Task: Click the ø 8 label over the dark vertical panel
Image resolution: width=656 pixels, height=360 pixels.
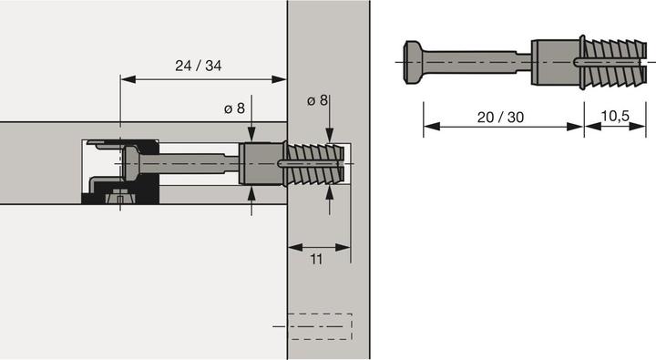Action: pos(318,99)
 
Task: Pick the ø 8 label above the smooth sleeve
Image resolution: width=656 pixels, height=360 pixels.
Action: pos(234,108)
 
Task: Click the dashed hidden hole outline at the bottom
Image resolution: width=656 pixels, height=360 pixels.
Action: pos(319,324)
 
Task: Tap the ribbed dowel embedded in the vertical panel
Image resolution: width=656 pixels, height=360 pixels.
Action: pos(316,165)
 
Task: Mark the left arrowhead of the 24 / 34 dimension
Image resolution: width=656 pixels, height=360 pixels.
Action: pos(125,79)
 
